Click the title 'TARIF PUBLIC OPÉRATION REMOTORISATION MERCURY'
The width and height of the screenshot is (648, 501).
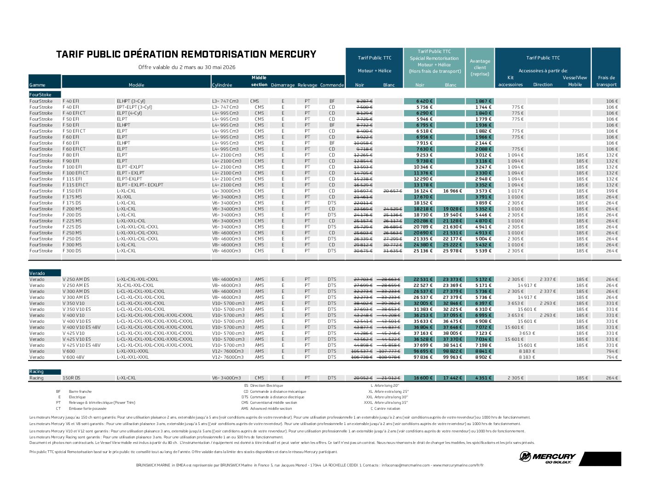pos(186,54)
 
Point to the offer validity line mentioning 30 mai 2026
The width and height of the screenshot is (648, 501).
pos(187,67)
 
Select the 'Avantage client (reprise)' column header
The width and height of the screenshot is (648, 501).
pos(480,67)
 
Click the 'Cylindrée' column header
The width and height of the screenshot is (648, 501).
pos(222,85)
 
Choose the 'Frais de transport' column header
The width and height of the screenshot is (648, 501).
pos(606,81)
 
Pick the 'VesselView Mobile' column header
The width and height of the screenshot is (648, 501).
pos(575,81)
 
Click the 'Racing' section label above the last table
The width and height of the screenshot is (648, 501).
pos(37,372)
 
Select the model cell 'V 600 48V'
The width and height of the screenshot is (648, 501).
pos(73,357)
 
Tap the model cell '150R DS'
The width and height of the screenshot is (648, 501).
pos(71,378)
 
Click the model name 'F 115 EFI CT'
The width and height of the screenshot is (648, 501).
pos(75,185)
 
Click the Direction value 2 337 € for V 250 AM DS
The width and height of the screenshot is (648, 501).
pos(548,280)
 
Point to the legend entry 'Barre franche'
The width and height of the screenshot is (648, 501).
pos(80,391)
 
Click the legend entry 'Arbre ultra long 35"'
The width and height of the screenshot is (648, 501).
pos(391,402)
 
